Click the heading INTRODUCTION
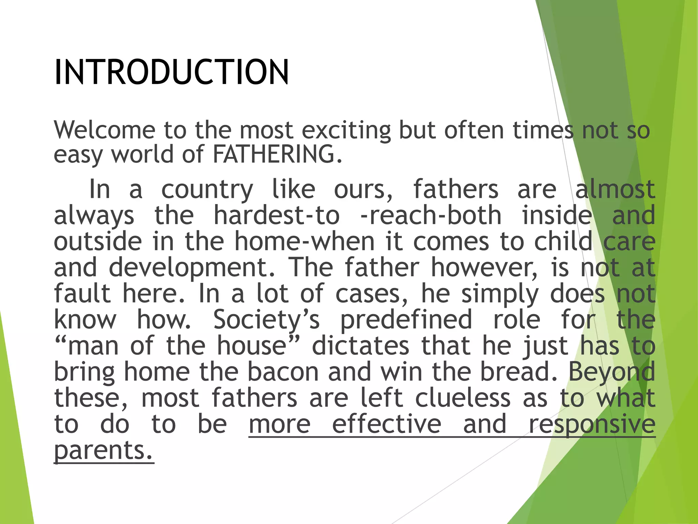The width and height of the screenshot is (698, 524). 171,72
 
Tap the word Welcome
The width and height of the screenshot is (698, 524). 104,130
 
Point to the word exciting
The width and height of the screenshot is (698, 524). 346,131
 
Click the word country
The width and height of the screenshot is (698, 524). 207,190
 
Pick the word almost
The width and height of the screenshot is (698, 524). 615,189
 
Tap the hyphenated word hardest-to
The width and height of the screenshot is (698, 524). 276,215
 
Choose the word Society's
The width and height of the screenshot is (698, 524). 267,320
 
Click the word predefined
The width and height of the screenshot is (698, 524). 406,320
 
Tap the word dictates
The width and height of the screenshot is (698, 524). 360,346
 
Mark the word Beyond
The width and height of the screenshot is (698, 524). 611,373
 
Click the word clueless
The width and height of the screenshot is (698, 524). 462,398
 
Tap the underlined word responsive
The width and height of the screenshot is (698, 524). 592,425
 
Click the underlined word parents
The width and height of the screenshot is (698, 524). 104,451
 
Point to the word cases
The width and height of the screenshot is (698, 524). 371,294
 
